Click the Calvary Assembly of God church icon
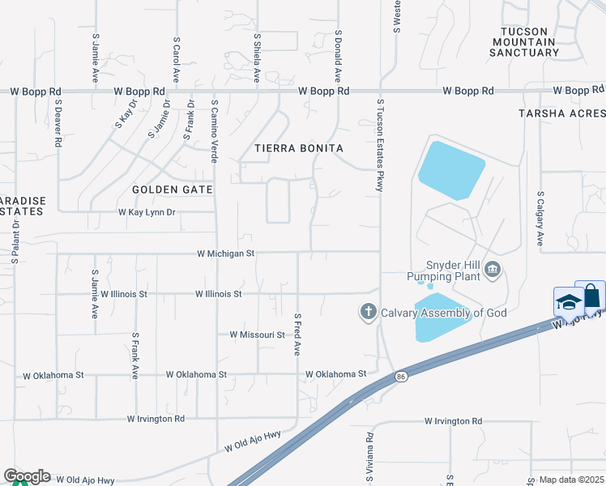(x=368, y=312)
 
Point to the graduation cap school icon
(x=568, y=302)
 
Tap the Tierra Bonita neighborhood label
(x=299, y=148)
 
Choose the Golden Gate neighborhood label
(x=173, y=190)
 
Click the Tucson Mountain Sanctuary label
(x=524, y=42)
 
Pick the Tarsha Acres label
(x=561, y=113)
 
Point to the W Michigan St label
(x=226, y=254)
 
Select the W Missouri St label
(x=258, y=335)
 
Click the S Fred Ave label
(x=297, y=335)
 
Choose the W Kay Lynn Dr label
(x=147, y=212)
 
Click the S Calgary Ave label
(x=540, y=219)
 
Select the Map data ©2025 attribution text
(x=571, y=480)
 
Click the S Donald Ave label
(x=338, y=57)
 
